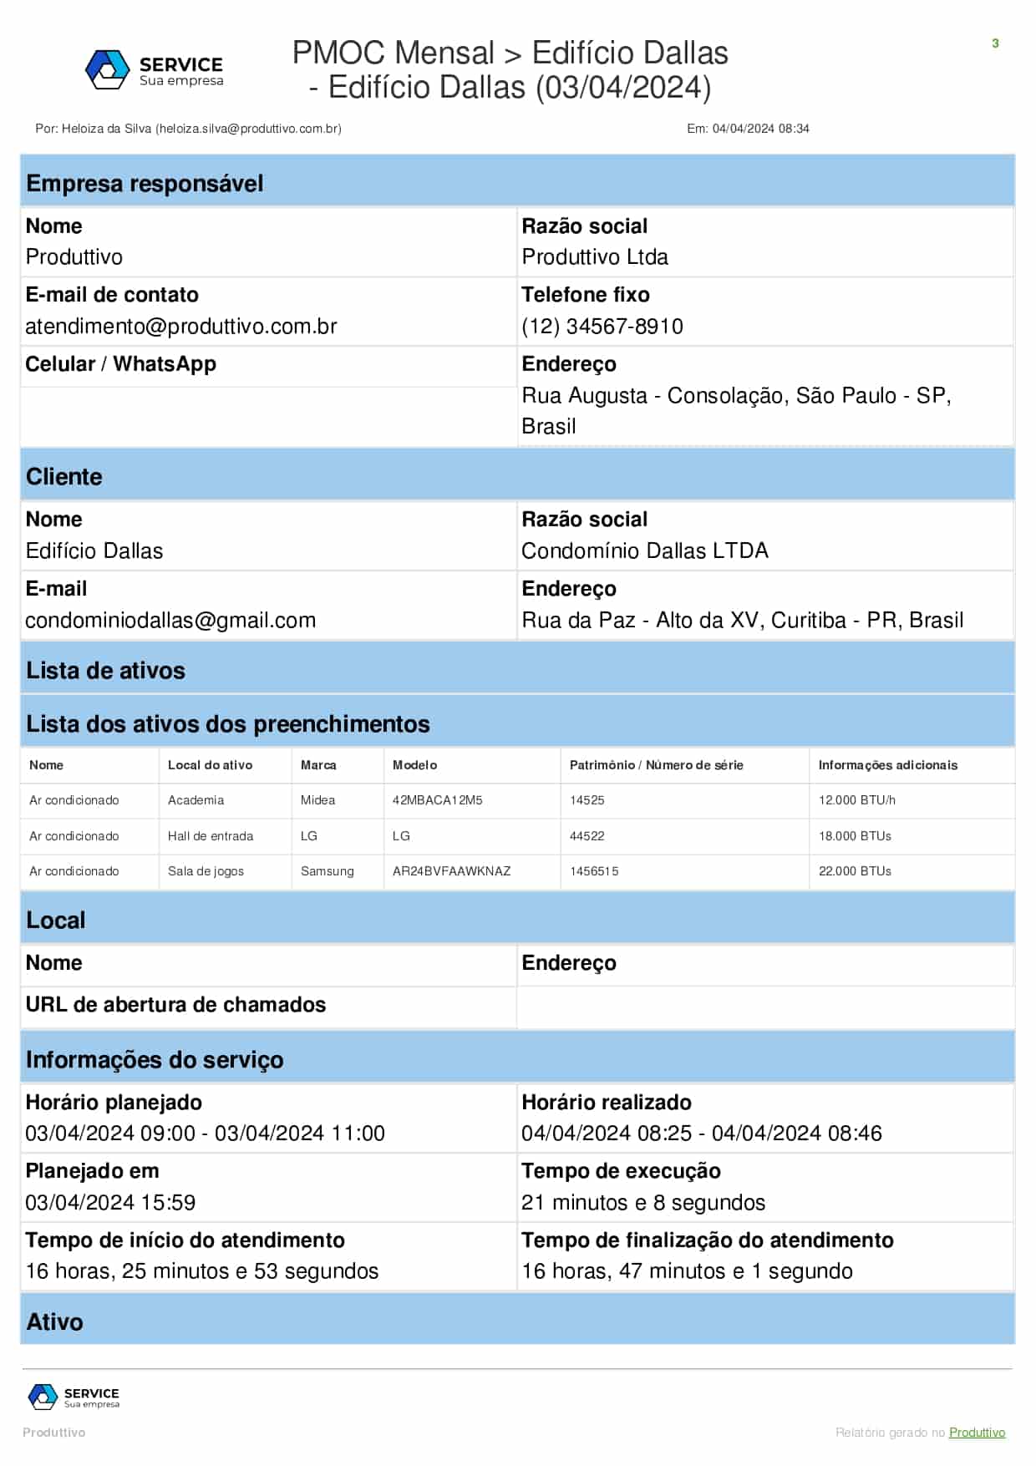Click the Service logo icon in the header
(x=107, y=69)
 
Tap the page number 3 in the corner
(x=995, y=43)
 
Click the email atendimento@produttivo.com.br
(x=181, y=327)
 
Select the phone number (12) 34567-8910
(x=602, y=327)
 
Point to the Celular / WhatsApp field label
(x=121, y=364)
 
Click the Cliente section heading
(x=64, y=477)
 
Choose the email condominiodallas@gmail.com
(x=170, y=621)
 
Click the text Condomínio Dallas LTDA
(x=645, y=551)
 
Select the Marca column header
(x=318, y=765)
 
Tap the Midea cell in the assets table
(x=317, y=800)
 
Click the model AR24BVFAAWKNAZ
(x=451, y=871)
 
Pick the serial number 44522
(x=587, y=836)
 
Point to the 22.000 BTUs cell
(x=855, y=871)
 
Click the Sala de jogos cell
(x=206, y=871)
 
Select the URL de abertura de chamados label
(x=175, y=1005)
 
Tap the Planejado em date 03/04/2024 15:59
(x=110, y=1203)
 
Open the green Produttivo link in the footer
(x=977, y=1433)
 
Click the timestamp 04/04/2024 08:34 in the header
(x=760, y=129)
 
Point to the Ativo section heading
(x=55, y=1322)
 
